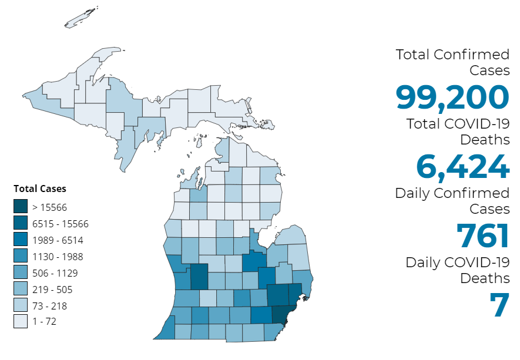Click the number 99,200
[452, 97]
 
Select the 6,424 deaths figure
[462, 166]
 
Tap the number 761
[482, 235]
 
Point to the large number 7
[499, 305]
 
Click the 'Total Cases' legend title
[40, 189]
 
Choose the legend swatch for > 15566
[21, 207]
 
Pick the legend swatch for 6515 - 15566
[21, 223]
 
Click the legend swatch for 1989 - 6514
[21, 240]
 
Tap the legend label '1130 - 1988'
[58, 257]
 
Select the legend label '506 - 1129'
[55, 273]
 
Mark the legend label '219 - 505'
[53, 290]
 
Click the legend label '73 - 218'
[51, 306]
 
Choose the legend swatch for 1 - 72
[21, 322]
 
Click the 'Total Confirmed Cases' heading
[452, 62]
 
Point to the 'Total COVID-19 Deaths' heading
[458, 132]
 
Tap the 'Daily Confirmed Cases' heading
[452, 201]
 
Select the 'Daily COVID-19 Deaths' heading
[458, 270]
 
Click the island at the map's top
[80, 19]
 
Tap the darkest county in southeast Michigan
[281, 314]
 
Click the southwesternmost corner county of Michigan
[164, 331]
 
